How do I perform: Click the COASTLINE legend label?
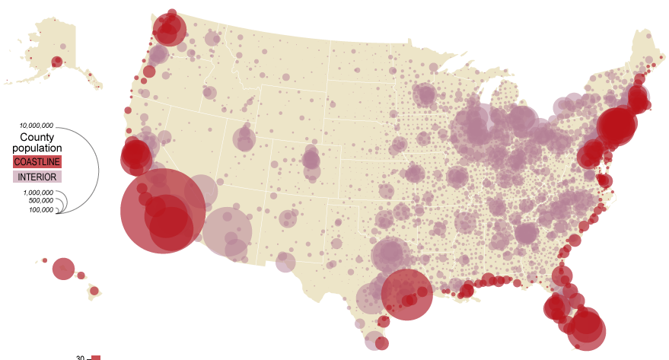37,162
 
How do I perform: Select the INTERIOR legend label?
37,177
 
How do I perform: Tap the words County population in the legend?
37,142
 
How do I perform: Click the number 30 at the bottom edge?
80,357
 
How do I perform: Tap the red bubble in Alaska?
57,62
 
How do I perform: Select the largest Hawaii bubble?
63,269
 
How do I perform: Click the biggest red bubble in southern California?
163,211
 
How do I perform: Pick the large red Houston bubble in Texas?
406,295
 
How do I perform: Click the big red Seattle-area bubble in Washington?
169,30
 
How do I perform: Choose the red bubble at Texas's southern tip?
381,342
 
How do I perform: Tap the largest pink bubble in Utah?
244,139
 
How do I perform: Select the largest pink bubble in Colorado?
311,160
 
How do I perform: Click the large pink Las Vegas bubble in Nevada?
201,191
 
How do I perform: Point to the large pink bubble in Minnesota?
425,94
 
